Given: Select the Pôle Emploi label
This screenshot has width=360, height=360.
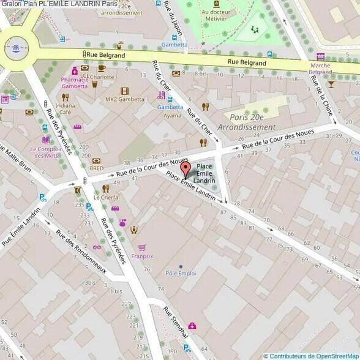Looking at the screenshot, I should click(180, 273).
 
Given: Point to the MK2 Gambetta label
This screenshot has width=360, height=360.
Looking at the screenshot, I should click(124, 99).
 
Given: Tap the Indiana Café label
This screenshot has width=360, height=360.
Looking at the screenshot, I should click(66, 108).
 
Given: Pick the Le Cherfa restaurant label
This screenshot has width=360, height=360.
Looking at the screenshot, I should click(105, 198).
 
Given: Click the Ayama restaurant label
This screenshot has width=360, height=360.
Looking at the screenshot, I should click(173, 115).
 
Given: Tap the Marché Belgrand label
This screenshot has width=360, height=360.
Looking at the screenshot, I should click(321, 68).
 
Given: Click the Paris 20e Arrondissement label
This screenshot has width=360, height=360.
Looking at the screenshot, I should click(253, 122).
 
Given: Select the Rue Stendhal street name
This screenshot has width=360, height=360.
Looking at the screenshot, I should click(175, 322).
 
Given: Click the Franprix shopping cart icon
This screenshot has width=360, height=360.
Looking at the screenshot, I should click(143, 247).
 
